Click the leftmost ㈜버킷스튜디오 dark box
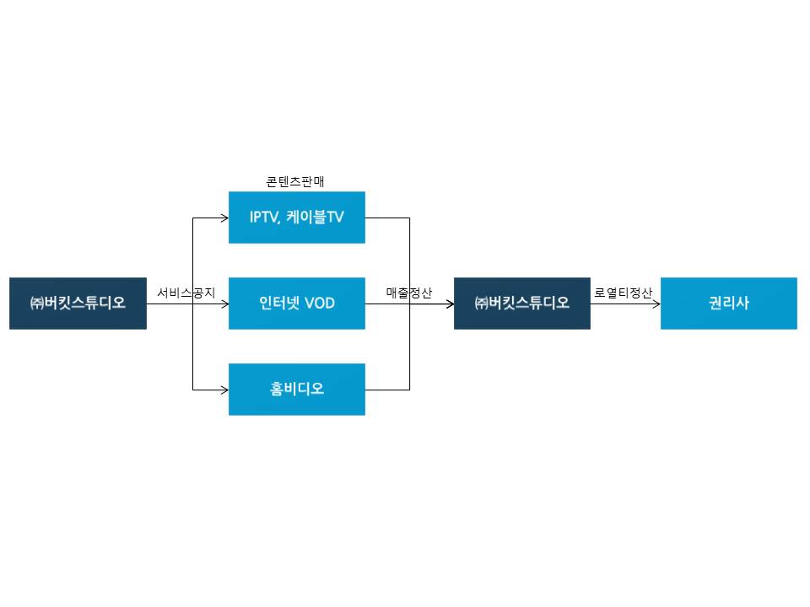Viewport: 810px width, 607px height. pos(78,303)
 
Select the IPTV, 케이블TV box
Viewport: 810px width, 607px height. pos(296,218)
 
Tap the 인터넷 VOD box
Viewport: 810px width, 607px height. pos(296,303)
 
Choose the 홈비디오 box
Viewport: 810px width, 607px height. pos(296,389)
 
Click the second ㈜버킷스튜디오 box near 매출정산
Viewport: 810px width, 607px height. pos(521,303)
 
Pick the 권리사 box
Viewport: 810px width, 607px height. pos(728,303)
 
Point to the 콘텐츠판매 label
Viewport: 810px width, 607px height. pos(295,181)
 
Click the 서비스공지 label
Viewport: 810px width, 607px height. pos(186,293)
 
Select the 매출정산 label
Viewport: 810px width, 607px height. pos(409,293)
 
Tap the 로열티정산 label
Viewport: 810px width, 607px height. pos(624,293)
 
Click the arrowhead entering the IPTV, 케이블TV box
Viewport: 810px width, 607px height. pos(224,218)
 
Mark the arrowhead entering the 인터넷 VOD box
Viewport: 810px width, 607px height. pos(224,303)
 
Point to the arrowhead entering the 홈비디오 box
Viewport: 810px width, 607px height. pos(224,389)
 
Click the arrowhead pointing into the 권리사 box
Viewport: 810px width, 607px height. pos(656,303)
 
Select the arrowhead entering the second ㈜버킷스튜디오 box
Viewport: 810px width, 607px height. pos(449,303)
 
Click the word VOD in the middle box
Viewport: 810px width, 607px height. pos(319,303)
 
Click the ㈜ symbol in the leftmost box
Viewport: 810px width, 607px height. pos(37,303)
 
